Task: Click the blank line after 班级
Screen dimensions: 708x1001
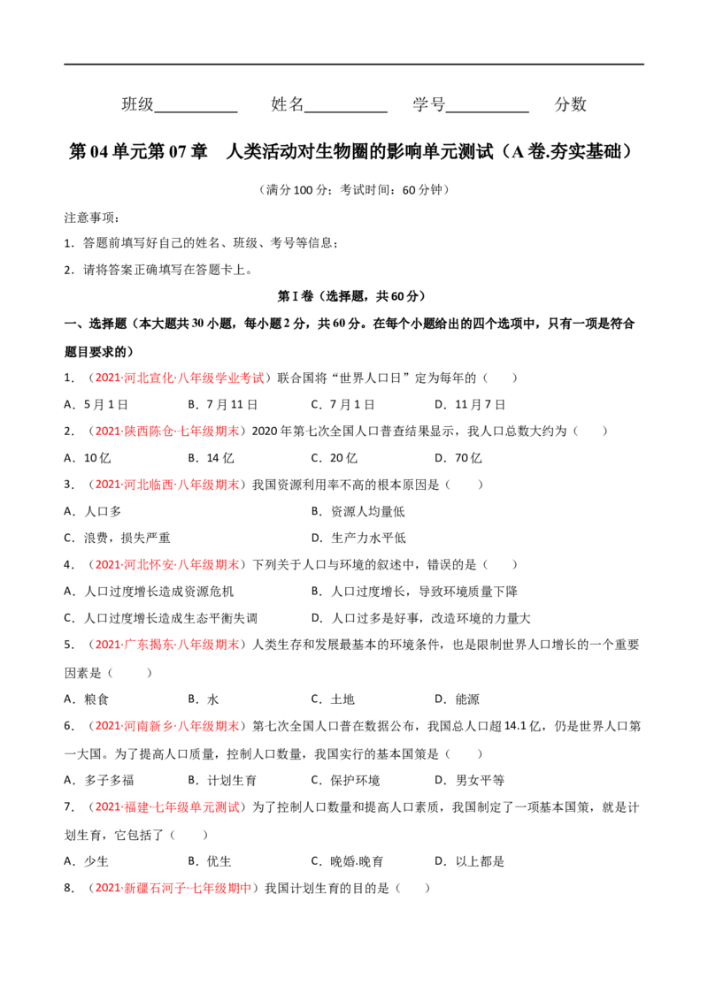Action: point(196,112)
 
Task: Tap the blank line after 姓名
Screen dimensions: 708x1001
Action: point(346,112)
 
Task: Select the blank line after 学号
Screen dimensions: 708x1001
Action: point(488,112)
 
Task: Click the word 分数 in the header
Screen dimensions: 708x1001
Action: point(571,104)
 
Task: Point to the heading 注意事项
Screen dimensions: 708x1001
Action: point(91,218)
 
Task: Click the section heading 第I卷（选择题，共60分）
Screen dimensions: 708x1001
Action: point(350,296)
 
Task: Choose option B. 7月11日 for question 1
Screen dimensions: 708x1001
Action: point(223,405)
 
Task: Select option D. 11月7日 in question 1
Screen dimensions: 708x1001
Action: point(470,405)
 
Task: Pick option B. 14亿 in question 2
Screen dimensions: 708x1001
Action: point(211,458)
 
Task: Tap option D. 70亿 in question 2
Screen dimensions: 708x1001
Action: point(458,458)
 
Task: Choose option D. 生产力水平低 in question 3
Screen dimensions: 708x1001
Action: point(358,539)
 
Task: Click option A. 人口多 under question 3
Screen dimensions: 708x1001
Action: point(93,511)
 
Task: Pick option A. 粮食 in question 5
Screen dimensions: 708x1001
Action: point(86,699)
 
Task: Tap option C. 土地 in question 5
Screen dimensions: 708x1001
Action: point(333,699)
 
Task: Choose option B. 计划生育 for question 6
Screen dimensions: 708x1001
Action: point(222,780)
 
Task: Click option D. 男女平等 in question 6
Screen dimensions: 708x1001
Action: point(470,780)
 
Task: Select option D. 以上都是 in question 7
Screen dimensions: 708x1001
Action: point(470,861)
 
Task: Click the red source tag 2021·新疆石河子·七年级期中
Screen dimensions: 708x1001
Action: point(173,888)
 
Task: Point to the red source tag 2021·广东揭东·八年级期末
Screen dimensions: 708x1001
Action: point(167,645)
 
